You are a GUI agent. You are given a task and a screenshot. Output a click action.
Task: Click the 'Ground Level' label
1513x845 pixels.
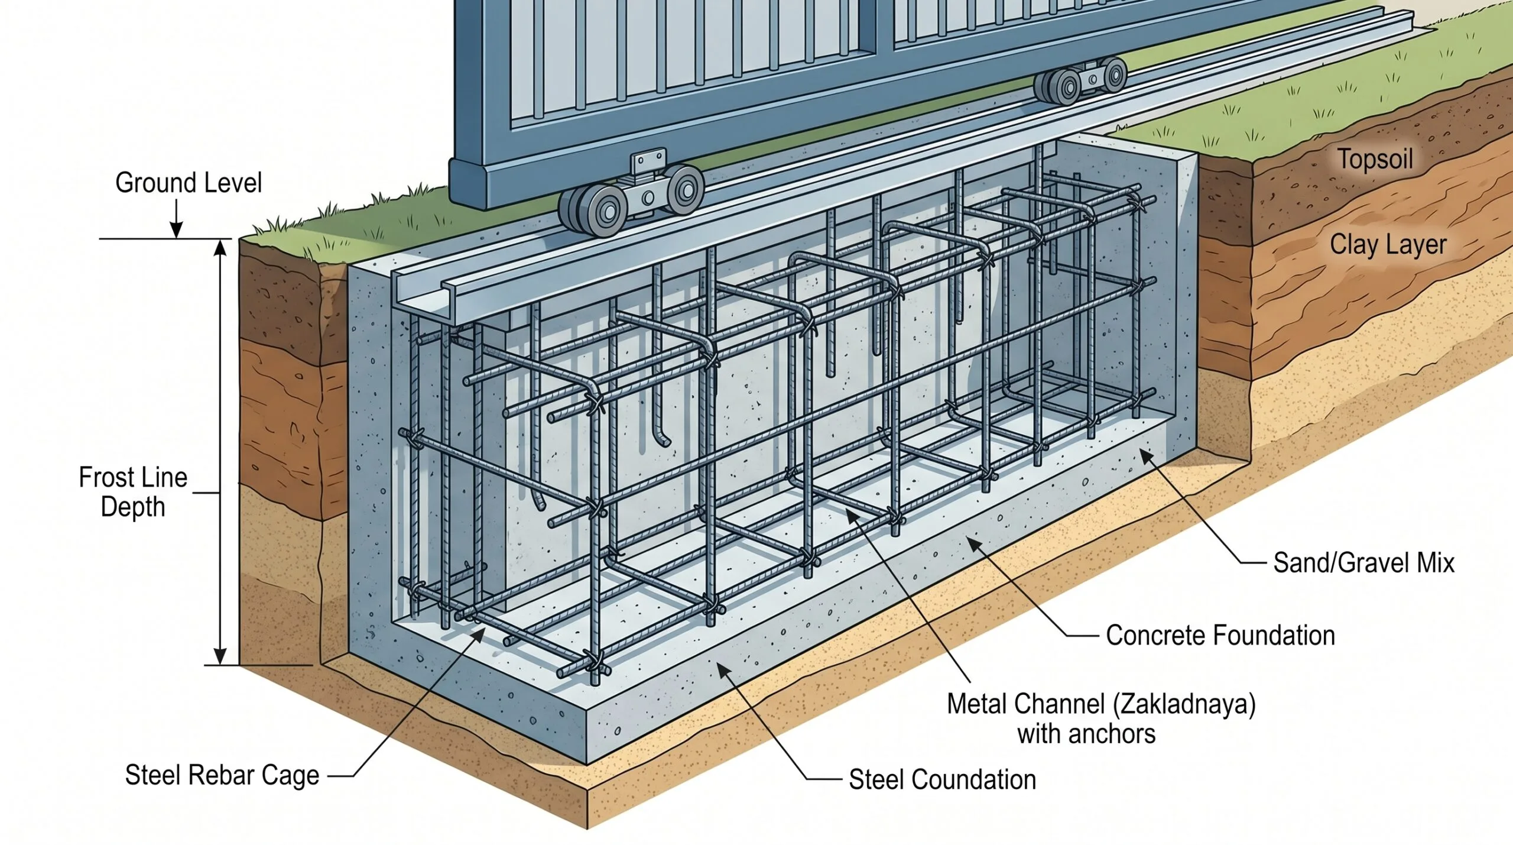point(188,183)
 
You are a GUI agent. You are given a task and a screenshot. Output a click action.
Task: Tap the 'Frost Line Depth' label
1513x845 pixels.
point(133,492)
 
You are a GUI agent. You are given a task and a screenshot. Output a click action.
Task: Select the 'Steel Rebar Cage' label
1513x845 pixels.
point(222,775)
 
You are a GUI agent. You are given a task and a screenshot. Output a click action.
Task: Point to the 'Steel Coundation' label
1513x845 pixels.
point(942,779)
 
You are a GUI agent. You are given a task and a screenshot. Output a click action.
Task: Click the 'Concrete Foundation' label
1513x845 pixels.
point(1220,636)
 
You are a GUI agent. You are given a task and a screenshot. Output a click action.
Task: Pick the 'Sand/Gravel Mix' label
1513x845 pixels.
point(1363,562)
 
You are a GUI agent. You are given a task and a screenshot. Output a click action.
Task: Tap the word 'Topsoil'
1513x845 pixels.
point(1375,159)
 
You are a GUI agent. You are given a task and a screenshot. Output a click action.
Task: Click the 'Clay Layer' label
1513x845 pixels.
point(1388,245)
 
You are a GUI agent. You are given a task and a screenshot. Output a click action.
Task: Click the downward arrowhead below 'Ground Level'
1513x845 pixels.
point(176,231)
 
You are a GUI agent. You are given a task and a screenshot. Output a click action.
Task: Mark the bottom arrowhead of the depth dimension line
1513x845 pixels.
point(220,656)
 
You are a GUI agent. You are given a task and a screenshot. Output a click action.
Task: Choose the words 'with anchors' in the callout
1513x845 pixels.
point(1086,734)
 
